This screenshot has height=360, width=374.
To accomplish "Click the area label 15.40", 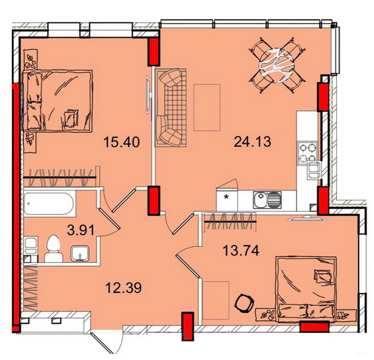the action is [x=121, y=142].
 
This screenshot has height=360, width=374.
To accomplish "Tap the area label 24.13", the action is [x=253, y=142].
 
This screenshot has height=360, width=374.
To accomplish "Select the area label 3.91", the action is [x=81, y=231].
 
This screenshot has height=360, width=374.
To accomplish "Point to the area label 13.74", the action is [x=241, y=251].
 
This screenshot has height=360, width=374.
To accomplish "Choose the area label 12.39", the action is [x=124, y=288].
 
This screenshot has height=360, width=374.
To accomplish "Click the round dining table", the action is [x=277, y=65].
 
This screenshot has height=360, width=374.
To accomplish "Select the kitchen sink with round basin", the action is [x=267, y=200].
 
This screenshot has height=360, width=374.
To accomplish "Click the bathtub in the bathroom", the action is [x=48, y=204].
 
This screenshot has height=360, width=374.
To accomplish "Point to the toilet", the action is [x=53, y=249].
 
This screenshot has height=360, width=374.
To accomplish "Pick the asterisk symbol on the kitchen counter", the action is [x=226, y=197].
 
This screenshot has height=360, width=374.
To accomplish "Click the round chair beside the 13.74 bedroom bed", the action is [x=243, y=302].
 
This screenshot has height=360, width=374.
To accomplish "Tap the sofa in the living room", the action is [x=171, y=107].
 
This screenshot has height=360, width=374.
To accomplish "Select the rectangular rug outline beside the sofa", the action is [x=207, y=108].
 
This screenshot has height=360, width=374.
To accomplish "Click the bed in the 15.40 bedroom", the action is [x=57, y=100].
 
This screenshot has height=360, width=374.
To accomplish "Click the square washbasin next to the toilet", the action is [x=80, y=253].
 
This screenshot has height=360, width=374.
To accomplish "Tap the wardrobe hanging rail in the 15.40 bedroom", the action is [x=59, y=178].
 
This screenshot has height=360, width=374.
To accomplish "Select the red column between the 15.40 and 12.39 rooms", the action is [x=153, y=201].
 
